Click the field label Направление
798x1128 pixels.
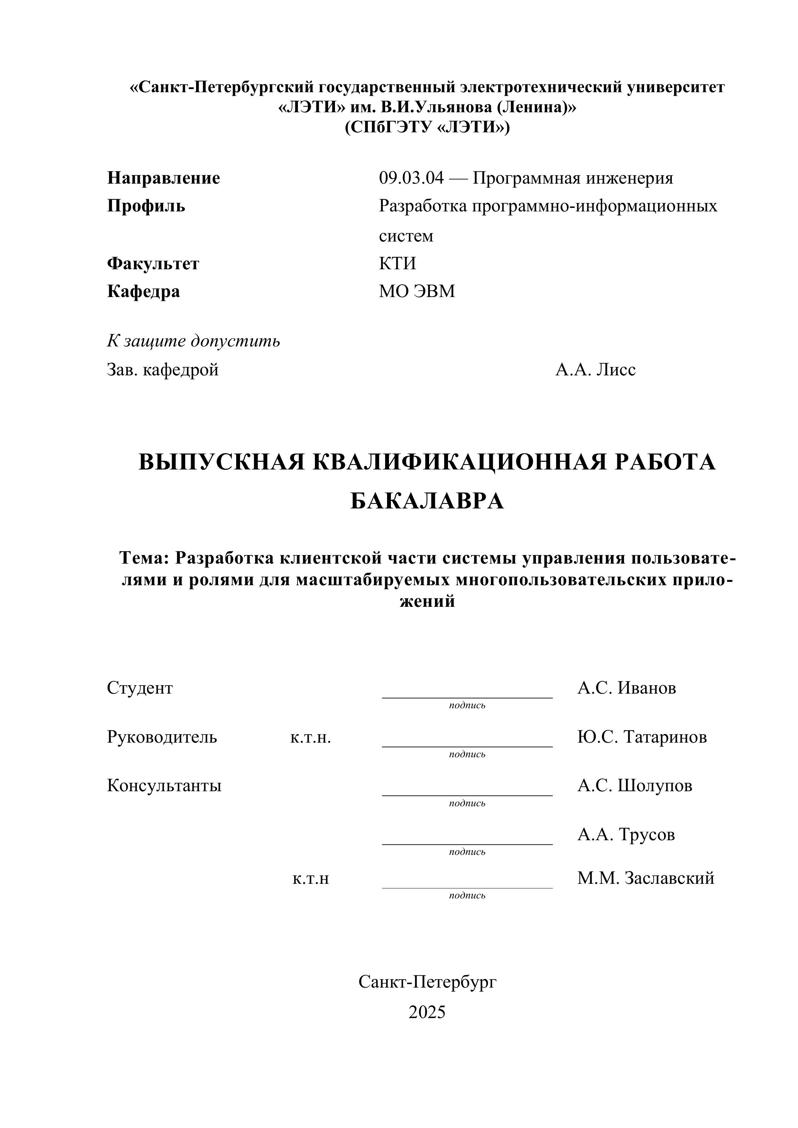click(164, 178)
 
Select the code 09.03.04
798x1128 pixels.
click(411, 178)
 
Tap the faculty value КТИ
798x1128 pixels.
click(397, 264)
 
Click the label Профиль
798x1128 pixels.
click(146, 206)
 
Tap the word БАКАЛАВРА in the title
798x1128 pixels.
click(427, 502)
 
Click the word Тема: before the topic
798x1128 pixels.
click(144, 558)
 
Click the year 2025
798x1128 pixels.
click(427, 1012)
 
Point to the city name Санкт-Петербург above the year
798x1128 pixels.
click(428, 982)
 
